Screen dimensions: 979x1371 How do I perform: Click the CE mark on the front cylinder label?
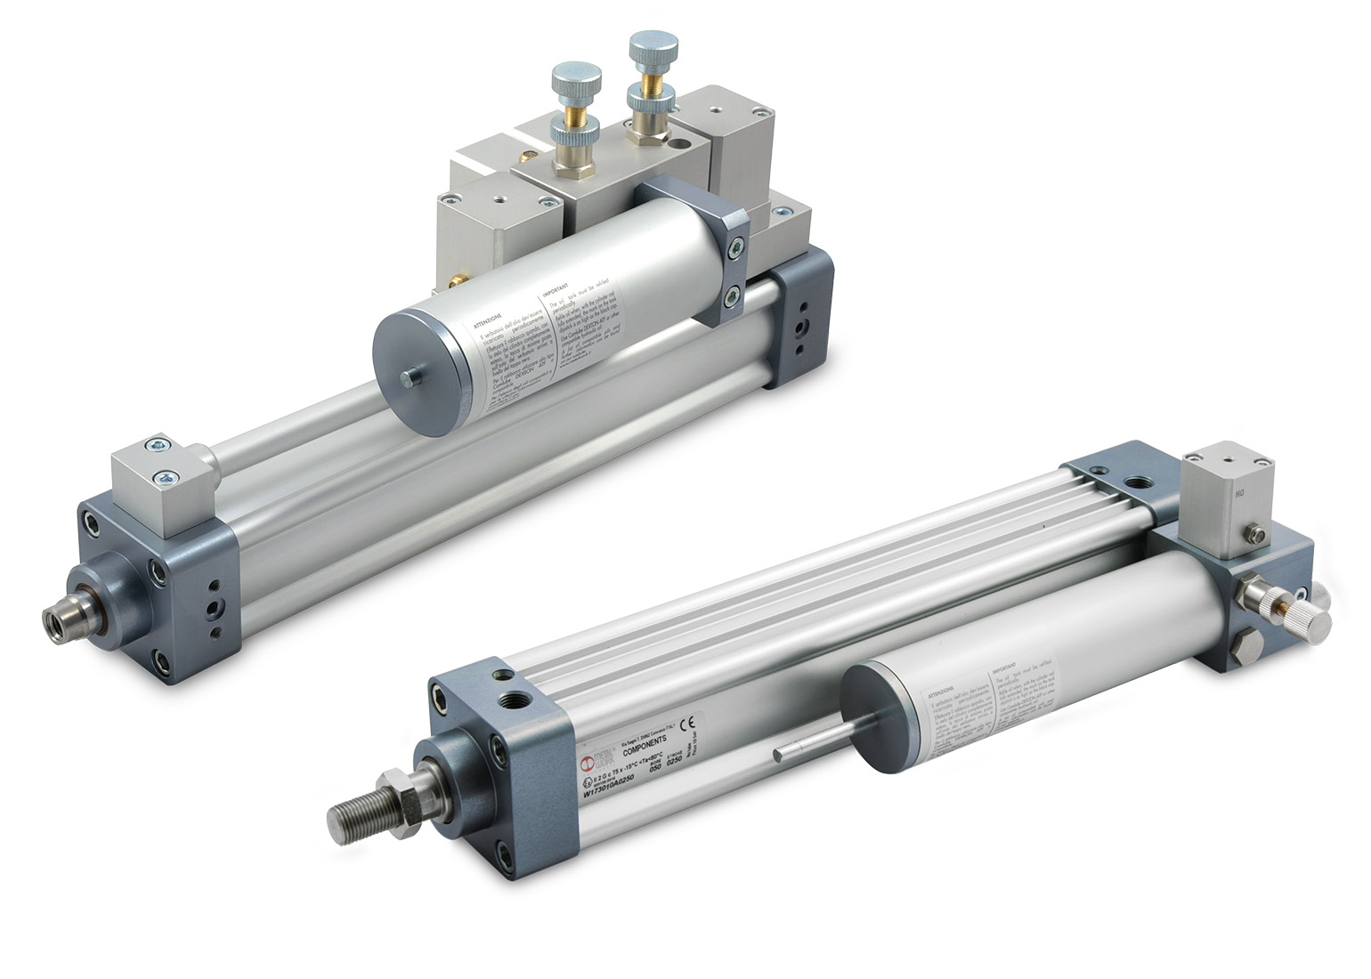(x=686, y=723)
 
